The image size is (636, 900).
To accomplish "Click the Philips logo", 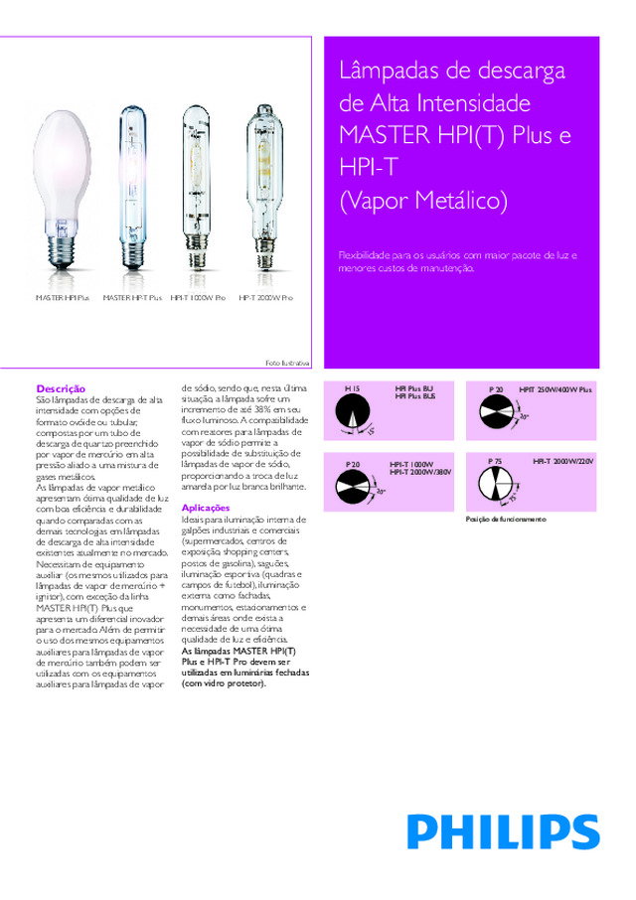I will [x=502, y=831].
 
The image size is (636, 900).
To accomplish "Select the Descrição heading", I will [x=61, y=388].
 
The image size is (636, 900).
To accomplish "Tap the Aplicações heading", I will [x=206, y=508].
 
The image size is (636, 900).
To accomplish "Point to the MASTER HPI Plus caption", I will [x=63, y=298].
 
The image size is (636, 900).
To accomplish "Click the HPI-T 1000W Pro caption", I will [x=198, y=298].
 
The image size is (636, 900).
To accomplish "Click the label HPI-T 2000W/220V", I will [x=562, y=462].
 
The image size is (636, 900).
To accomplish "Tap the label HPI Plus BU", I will [x=414, y=387].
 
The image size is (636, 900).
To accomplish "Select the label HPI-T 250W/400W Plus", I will [x=556, y=387].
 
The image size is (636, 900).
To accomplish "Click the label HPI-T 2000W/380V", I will [x=420, y=472].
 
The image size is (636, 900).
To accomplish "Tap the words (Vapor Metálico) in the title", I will [x=423, y=202].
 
